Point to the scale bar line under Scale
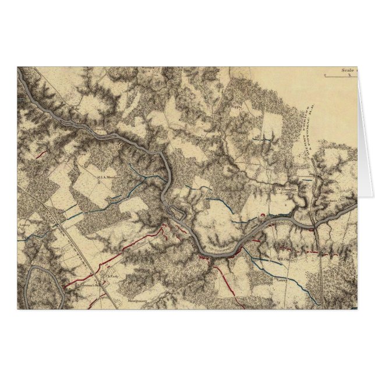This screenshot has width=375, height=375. click(x=340, y=76)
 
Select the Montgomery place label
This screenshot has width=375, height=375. click(x=137, y=302)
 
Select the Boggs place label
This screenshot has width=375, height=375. click(x=235, y=107)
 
